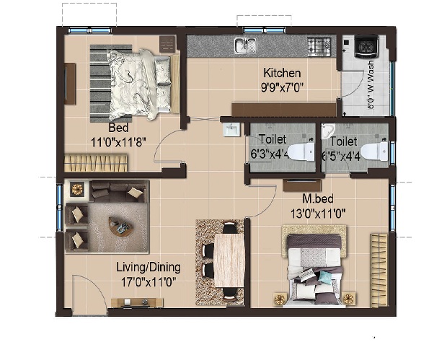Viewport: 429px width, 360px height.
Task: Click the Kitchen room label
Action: tap(282, 73)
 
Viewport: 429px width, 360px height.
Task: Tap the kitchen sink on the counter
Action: tap(245, 45)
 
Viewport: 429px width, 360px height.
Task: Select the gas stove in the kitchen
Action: tap(319, 45)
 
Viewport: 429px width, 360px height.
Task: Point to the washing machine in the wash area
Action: tap(366, 46)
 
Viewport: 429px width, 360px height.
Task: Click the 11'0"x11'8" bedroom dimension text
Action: tap(118, 142)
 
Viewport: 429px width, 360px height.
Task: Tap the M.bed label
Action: tap(318, 198)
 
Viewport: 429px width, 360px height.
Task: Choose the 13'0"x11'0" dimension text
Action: tap(318, 214)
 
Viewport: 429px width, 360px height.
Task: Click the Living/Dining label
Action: tap(149, 267)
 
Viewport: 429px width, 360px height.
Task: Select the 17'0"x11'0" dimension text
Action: tap(149, 282)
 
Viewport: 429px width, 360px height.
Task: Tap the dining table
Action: tap(229, 260)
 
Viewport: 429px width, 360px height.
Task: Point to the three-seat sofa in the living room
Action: tap(118, 191)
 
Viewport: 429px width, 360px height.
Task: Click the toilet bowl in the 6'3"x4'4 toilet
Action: tap(301, 152)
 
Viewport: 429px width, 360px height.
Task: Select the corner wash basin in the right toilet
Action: tap(328, 131)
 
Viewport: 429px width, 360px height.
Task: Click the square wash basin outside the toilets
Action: tap(231, 129)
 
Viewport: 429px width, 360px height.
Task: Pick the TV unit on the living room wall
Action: tap(137, 302)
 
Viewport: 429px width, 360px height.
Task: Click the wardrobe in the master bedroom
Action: tap(379, 270)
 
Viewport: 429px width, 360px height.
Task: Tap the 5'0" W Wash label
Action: tap(371, 85)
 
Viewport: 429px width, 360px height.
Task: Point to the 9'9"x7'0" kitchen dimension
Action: tap(282, 87)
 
